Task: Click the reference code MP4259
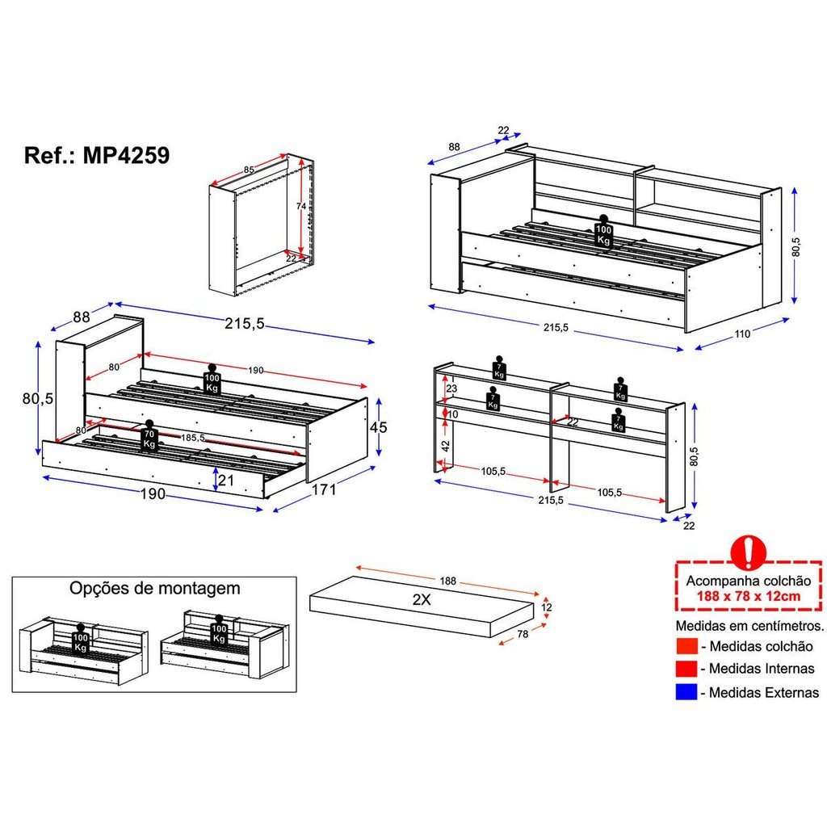[126, 156]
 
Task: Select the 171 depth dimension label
[324, 489]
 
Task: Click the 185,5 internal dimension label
[193, 438]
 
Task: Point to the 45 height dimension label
[378, 427]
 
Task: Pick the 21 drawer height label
[226, 480]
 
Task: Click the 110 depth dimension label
[742, 334]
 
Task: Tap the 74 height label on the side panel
[300, 206]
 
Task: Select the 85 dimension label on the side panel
[249, 170]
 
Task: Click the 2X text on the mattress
[422, 600]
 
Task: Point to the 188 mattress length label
[447, 581]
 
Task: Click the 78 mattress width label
[523, 634]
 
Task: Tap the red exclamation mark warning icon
[748, 552]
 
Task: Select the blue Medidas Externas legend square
[686, 692]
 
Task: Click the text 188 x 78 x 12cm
[749, 597]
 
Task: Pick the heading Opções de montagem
[154, 589]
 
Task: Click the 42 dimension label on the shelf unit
[446, 446]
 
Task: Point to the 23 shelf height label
[452, 388]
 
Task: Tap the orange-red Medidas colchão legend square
[686, 646]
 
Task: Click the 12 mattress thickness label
[547, 607]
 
